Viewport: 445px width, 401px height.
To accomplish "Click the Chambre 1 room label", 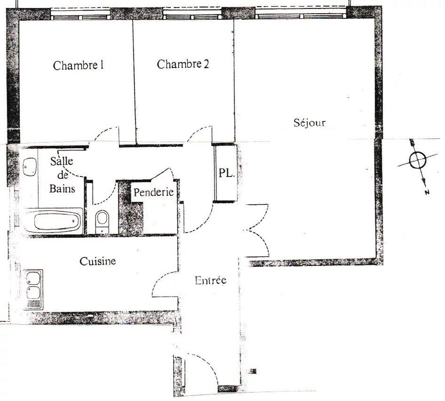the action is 78,65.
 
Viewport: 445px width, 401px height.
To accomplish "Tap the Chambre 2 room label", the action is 183,64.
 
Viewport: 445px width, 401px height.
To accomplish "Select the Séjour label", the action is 310,123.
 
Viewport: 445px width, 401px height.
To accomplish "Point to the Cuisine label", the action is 98,261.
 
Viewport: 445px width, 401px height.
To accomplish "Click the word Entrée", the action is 211,281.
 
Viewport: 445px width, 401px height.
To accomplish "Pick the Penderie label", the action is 153,192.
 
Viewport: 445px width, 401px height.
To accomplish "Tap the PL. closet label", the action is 227,173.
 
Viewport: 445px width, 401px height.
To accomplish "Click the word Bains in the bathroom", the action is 62,189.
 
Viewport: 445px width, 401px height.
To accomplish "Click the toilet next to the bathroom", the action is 102,222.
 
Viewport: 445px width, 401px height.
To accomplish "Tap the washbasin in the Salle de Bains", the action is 30,167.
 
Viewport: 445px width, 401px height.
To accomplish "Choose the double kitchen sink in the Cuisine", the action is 34,289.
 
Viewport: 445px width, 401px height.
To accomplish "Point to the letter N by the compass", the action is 427,192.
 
